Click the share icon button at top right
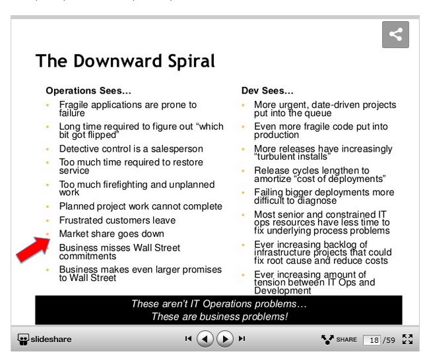[x=395, y=35]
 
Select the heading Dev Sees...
[x=267, y=90]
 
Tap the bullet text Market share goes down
[x=112, y=234]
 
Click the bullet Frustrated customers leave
[x=117, y=220]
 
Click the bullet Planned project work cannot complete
[x=141, y=206]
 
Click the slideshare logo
[x=45, y=339]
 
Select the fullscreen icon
[x=407, y=339]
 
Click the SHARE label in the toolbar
[x=346, y=340]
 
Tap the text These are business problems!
[x=219, y=316]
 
